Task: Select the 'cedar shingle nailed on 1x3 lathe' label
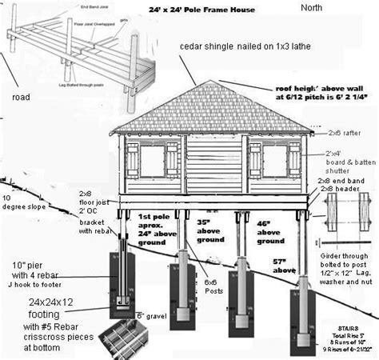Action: point(245,47)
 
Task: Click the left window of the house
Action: point(153,161)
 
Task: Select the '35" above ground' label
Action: point(210,230)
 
